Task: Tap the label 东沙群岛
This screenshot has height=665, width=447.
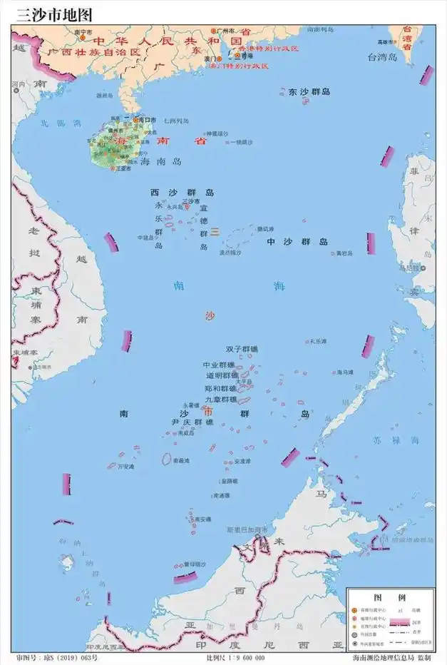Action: [x=309, y=92]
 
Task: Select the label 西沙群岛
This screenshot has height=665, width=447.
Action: [x=182, y=193]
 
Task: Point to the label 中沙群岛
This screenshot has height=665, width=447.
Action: [x=297, y=242]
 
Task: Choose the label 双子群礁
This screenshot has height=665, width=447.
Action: [x=242, y=349]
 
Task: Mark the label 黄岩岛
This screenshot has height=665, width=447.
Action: [x=345, y=253]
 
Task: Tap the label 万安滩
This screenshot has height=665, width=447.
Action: [x=126, y=467]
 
